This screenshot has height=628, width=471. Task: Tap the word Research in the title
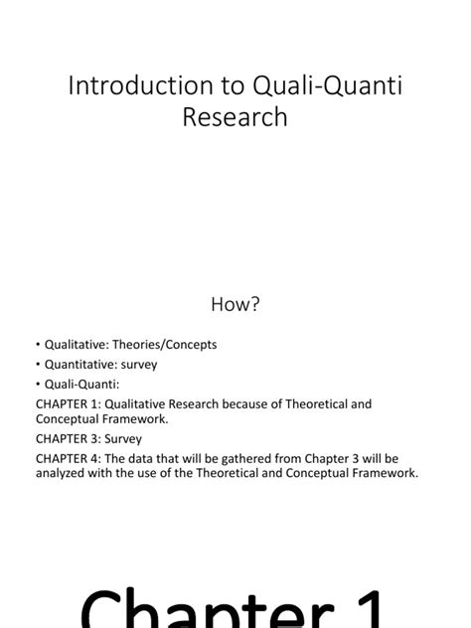pyautogui.click(x=235, y=117)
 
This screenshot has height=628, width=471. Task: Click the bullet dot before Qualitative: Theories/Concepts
pyautogui.click(x=39, y=345)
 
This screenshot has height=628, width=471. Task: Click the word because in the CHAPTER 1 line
pyautogui.click(x=263, y=404)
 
